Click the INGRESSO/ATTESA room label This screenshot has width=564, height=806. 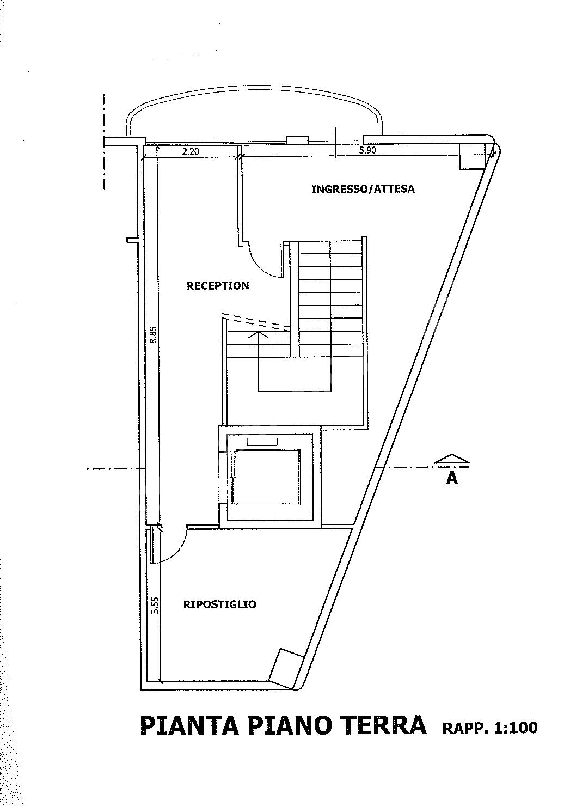[x=363, y=190]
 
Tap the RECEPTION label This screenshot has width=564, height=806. [x=218, y=286]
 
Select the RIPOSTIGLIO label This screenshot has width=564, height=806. [x=220, y=604]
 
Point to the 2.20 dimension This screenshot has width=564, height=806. [x=191, y=152]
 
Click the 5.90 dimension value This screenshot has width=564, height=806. [x=367, y=150]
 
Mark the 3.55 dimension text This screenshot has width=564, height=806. [x=155, y=606]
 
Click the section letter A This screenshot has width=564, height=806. [x=451, y=478]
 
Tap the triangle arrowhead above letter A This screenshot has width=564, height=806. [x=452, y=459]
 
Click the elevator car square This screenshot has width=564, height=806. [x=268, y=477]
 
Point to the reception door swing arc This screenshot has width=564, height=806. [x=262, y=266]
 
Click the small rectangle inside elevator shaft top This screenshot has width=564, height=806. [x=262, y=442]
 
